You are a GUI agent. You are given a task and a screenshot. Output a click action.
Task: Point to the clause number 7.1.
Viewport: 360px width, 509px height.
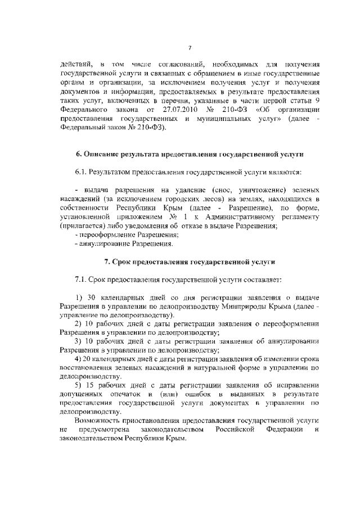click(x=82, y=280)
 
